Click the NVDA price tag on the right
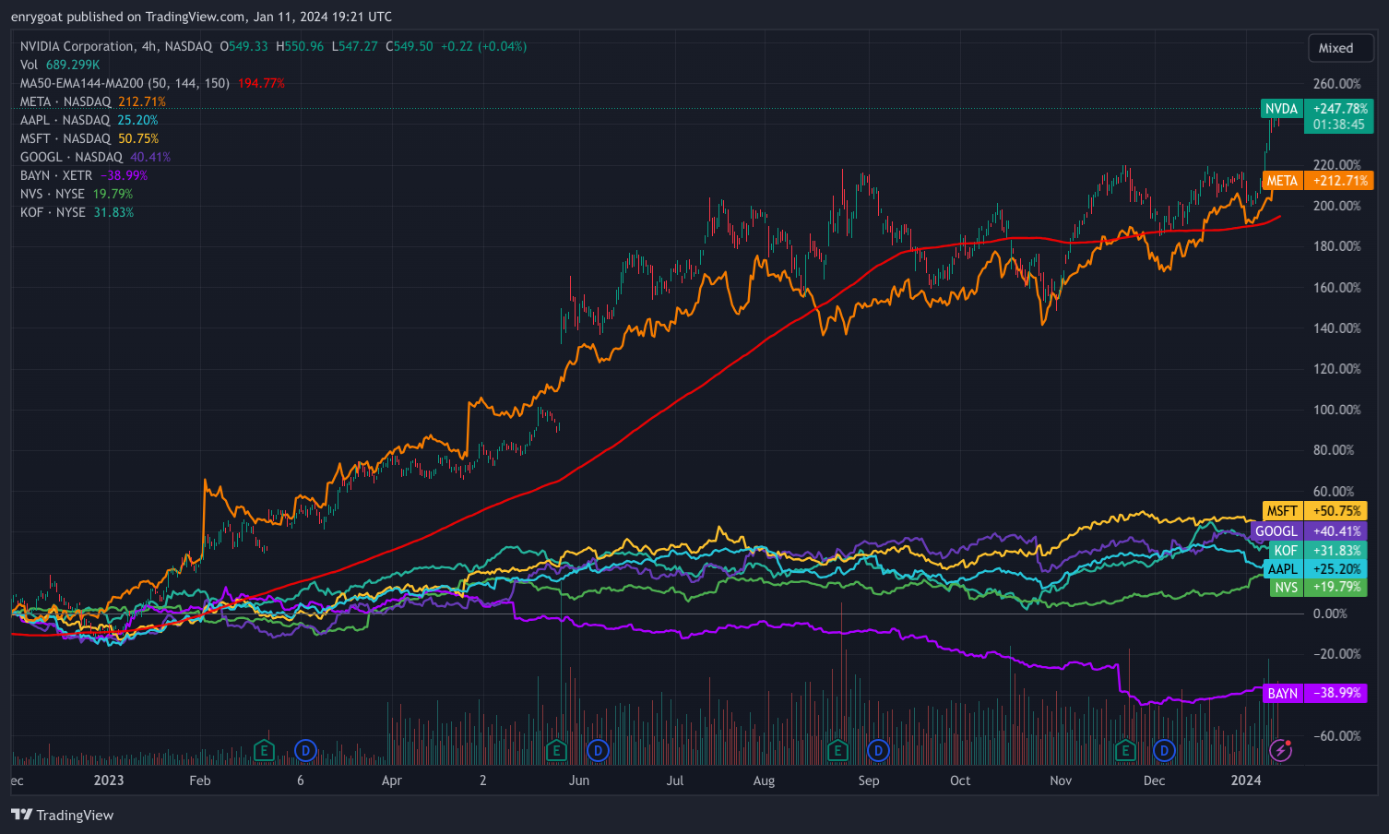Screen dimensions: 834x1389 click(x=1317, y=116)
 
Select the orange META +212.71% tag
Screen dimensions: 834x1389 click(x=1317, y=181)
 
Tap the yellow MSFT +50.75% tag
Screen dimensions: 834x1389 click(x=1314, y=511)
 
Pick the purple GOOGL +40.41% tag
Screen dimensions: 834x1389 click(x=1309, y=531)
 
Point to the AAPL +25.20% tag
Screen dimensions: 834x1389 click(x=1314, y=569)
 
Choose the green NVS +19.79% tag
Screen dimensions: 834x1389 click(x=1318, y=588)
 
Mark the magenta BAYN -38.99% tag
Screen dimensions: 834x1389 click(x=1314, y=693)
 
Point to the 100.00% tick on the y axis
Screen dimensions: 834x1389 click(x=1336, y=410)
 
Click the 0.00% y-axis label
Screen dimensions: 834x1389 click(x=1330, y=614)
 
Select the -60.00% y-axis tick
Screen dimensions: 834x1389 click(x=1336, y=736)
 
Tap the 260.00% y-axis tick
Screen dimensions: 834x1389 click(x=1336, y=84)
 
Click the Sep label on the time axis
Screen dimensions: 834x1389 click(x=869, y=780)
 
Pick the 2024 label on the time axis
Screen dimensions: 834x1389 click(x=1246, y=780)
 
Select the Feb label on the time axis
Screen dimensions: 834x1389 click(x=200, y=780)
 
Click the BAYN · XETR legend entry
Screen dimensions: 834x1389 click(x=57, y=175)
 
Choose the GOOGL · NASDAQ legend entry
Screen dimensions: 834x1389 click(x=72, y=157)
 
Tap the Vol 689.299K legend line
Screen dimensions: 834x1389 click(x=60, y=65)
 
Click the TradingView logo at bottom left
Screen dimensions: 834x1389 click(x=63, y=816)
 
